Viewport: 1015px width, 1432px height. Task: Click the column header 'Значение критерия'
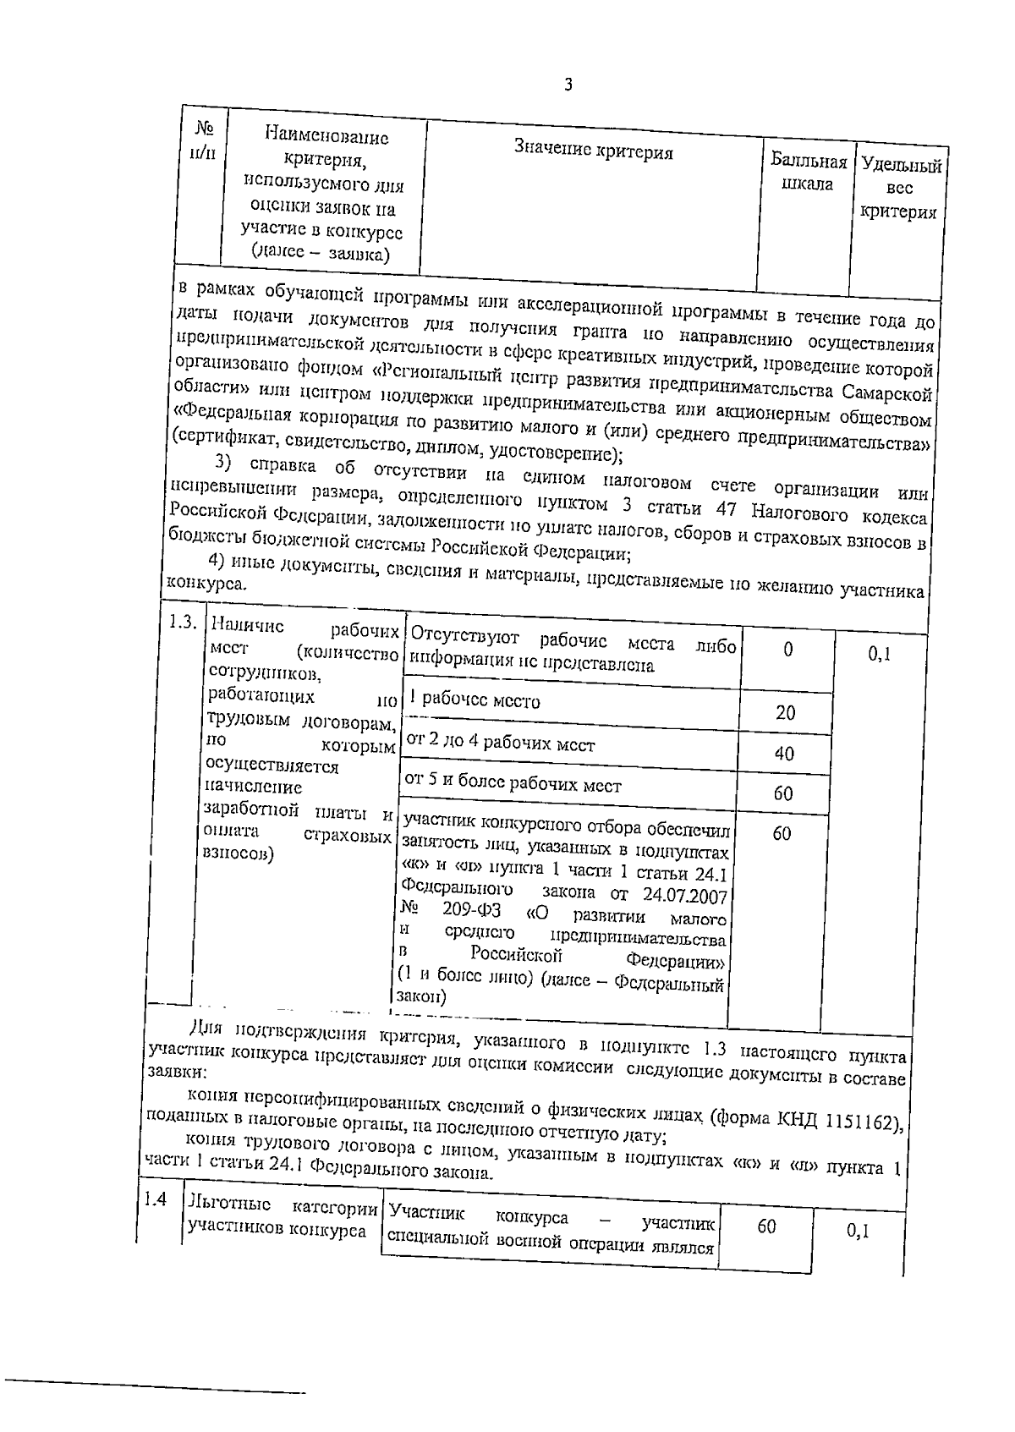594,151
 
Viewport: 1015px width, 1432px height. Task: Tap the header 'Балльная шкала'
808,173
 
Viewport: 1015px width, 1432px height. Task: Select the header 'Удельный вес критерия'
900,189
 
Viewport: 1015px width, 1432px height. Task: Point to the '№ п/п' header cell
203,140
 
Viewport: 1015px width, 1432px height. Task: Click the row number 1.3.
183,622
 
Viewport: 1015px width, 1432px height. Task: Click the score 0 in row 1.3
787,650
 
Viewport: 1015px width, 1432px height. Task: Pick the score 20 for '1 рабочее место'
785,712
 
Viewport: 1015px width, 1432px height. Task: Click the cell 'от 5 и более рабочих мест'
513,784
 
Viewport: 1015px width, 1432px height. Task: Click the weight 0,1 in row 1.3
879,654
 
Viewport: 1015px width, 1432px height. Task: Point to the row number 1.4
154,1199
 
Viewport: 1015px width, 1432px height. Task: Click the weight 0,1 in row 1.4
858,1232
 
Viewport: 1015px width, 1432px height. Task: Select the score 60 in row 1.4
766,1226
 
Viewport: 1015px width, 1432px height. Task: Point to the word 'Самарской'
887,393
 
